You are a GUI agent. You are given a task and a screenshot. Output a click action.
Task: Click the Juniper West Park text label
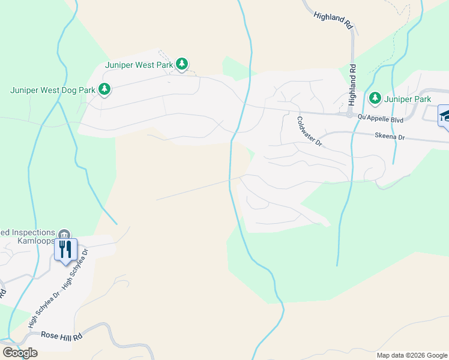[139, 64]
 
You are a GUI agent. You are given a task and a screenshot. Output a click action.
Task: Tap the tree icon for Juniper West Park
[182, 64]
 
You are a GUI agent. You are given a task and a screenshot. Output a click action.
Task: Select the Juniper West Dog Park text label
[53, 90]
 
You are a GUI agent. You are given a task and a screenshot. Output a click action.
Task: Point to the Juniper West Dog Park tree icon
[104, 89]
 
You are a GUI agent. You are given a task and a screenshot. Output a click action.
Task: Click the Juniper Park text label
[408, 98]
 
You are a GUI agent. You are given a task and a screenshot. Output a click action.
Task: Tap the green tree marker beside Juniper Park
[375, 98]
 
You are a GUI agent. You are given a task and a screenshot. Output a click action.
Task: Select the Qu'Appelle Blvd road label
[380, 119]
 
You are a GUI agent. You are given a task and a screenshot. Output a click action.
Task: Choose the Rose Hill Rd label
[61, 336]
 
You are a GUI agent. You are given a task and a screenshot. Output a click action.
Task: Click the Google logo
[20, 352]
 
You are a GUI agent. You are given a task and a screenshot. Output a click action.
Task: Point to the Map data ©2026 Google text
[412, 355]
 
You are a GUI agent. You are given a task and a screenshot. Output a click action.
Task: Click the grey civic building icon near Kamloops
[64, 233]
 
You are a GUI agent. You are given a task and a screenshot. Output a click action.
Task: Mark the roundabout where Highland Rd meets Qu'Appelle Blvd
[349, 113]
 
